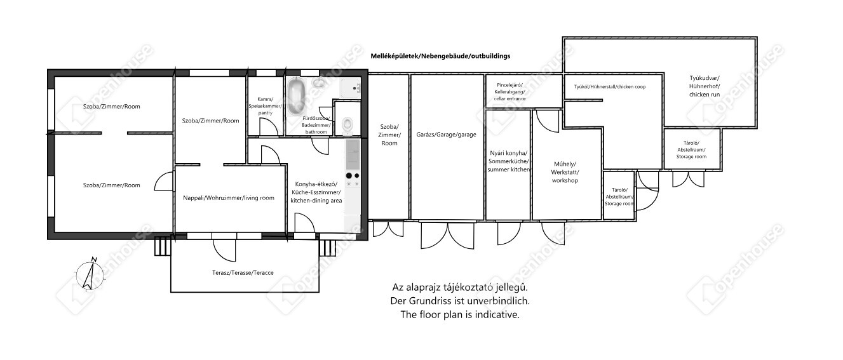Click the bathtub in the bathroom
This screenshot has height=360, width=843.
pyautogui.click(x=297, y=97)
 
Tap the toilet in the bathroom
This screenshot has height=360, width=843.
pyautogui.click(x=347, y=124)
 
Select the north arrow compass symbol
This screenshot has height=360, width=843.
pyautogui.click(x=90, y=275)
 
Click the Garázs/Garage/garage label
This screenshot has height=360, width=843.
pyautogui.click(x=447, y=135)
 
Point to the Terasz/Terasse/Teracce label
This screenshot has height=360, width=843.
pyautogui.click(x=243, y=273)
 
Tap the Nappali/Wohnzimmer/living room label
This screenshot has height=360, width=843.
pyautogui.click(x=229, y=198)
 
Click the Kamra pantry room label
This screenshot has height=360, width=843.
pyautogui.click(x=265, y=106)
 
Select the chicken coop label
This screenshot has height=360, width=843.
pyautogui.click(x=610, y=87)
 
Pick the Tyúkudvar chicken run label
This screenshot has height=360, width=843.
pyautogui.click(x=705, y=86)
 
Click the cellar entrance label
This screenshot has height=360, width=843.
pyautogui.click(x=510, y=92)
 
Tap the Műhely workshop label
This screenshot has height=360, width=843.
pyautogui.click(x=565, y=172)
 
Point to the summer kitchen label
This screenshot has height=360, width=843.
pyautogui.click(x=509, y=161)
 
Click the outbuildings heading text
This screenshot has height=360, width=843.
pyautogui.click(x=440, y=56)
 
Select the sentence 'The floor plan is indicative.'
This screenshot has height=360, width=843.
pyautogui.click(x=460, y=314)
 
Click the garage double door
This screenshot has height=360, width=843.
pyautogui.click(x=447, y=235)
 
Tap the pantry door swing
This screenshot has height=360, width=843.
pyautogui.click(x=269, y=127)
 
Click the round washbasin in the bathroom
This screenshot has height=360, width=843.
pyautogui.click(x=319, y=83)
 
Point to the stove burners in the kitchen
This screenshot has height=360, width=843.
pyautogui.click(x=353, y=180)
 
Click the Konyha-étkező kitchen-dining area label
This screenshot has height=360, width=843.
pyautogui.click(x=316, y=192)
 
